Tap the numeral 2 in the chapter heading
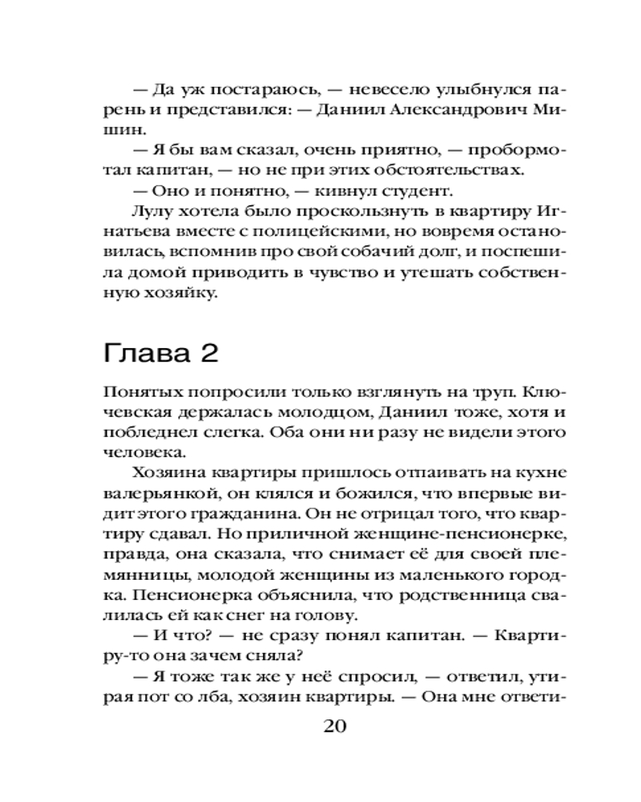click(209, 354)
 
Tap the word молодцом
click(304, 415)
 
